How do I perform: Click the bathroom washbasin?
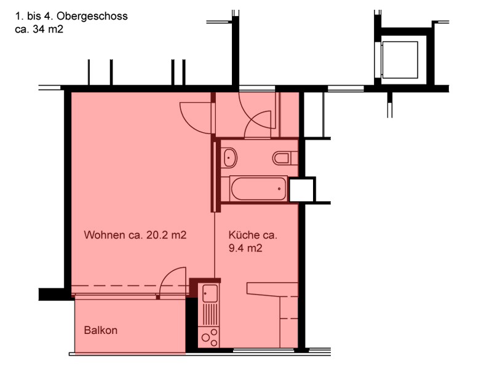tap(230, 157)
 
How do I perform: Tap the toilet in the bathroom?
tap(282, 158)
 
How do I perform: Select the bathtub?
tap(258, 189)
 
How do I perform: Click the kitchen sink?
tap(210, 293)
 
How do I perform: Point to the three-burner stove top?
tap(210, 337)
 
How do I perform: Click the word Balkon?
tap(101, 330)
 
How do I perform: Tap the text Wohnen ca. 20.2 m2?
tap(135, 235)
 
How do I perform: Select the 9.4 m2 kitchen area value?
tap(245, 248)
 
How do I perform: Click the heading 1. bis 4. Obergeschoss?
tap(71, 16)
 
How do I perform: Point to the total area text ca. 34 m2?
tap(39, 29)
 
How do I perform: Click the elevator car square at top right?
tap(400, 60)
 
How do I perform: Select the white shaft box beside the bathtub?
tap(302, 189)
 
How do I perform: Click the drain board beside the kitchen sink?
tap(210, 314)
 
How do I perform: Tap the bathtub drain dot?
tap(279, 189)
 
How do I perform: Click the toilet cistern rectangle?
tap(295, 158)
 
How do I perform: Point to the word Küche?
tap(244, 235)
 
